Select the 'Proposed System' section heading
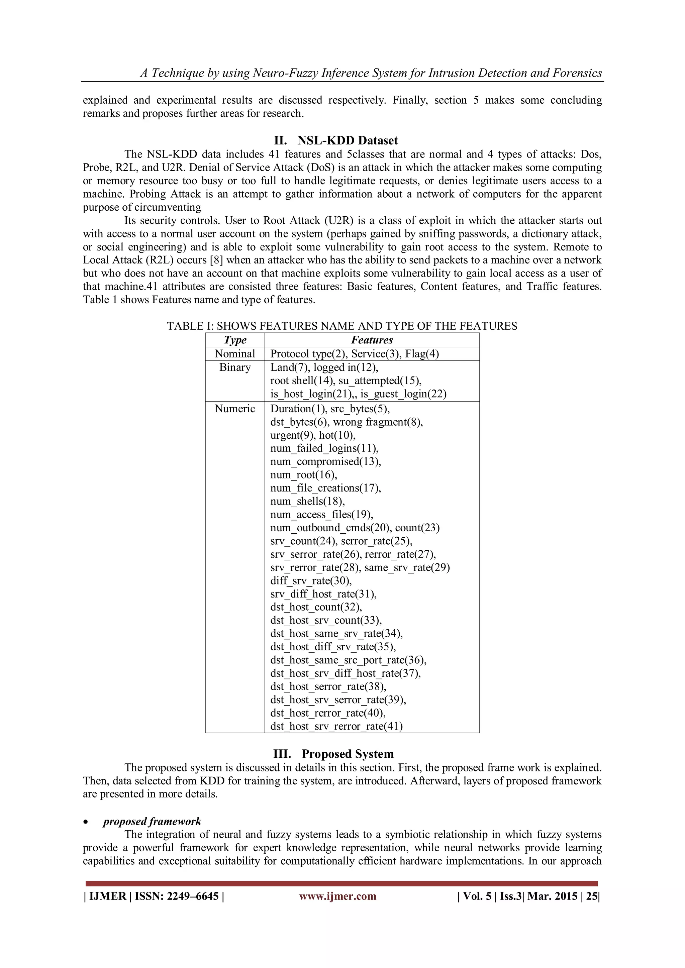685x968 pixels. coord(348,754)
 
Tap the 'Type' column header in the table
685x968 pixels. coord(235,340)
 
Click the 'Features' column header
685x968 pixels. coord(372,340)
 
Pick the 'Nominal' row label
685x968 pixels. coord(235,354)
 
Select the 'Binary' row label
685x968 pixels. coord(235,367)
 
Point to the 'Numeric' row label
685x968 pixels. coord(235,409)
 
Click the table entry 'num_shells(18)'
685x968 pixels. coord(307,501)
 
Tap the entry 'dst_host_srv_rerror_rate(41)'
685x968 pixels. coord(336,726)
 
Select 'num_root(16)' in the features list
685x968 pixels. coord(304,475)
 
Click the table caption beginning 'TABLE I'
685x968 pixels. coord(341,326)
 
